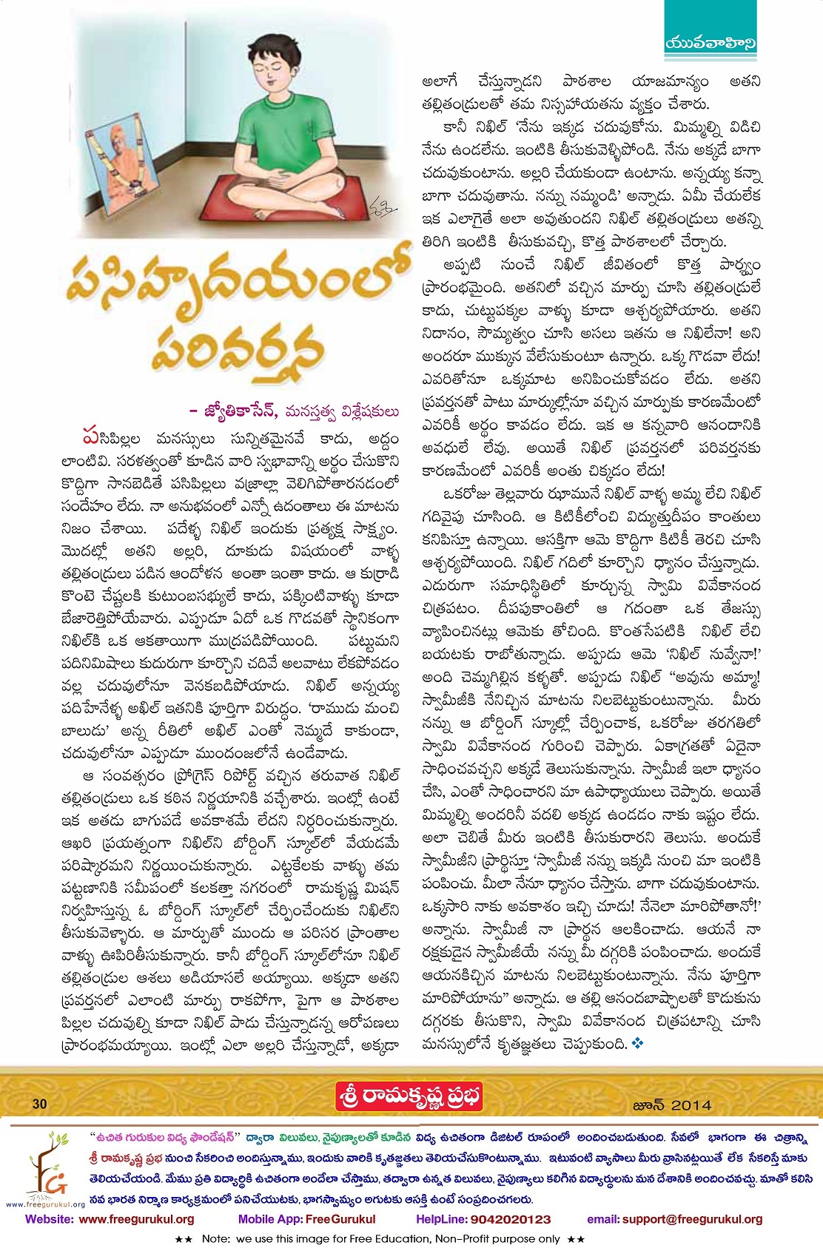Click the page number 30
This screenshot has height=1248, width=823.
pyautogui.click(x=39, y=1104)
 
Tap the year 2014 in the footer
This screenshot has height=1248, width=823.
pyautogui.click(x=692, y=1105)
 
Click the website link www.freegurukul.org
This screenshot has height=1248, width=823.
pyautogui.click(x=136, y=1219)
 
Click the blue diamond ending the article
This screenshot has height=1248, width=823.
pyautogui.click(x=638, y=1043)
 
